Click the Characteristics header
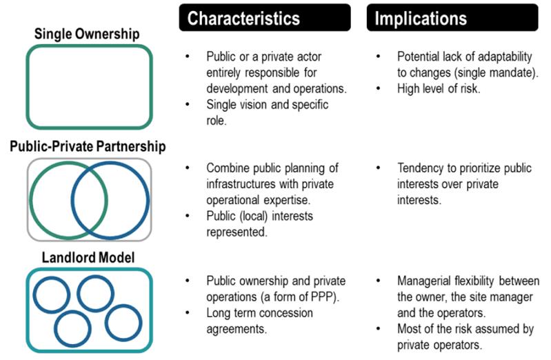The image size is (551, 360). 243,19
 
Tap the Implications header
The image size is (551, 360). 421,19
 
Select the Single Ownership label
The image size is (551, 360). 89,34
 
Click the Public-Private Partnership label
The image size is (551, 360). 89,146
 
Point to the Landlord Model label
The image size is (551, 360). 89,257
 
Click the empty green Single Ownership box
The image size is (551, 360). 89,87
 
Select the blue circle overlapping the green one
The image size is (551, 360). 110,199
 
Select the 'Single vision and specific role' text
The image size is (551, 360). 268,112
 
